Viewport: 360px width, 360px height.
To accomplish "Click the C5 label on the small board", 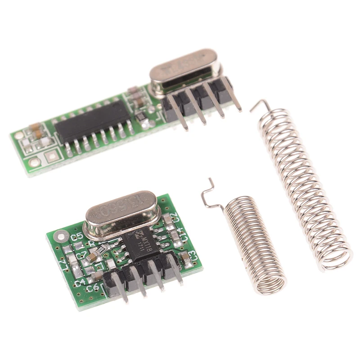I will [x=76, y=236].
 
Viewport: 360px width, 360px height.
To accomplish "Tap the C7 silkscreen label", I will [x=81, y=256].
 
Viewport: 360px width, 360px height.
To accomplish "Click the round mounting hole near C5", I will [x=60, y=236].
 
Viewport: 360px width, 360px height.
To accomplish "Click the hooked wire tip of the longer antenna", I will [x=259, y=106].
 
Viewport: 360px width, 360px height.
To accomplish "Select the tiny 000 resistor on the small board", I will [x=100, y=247].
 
